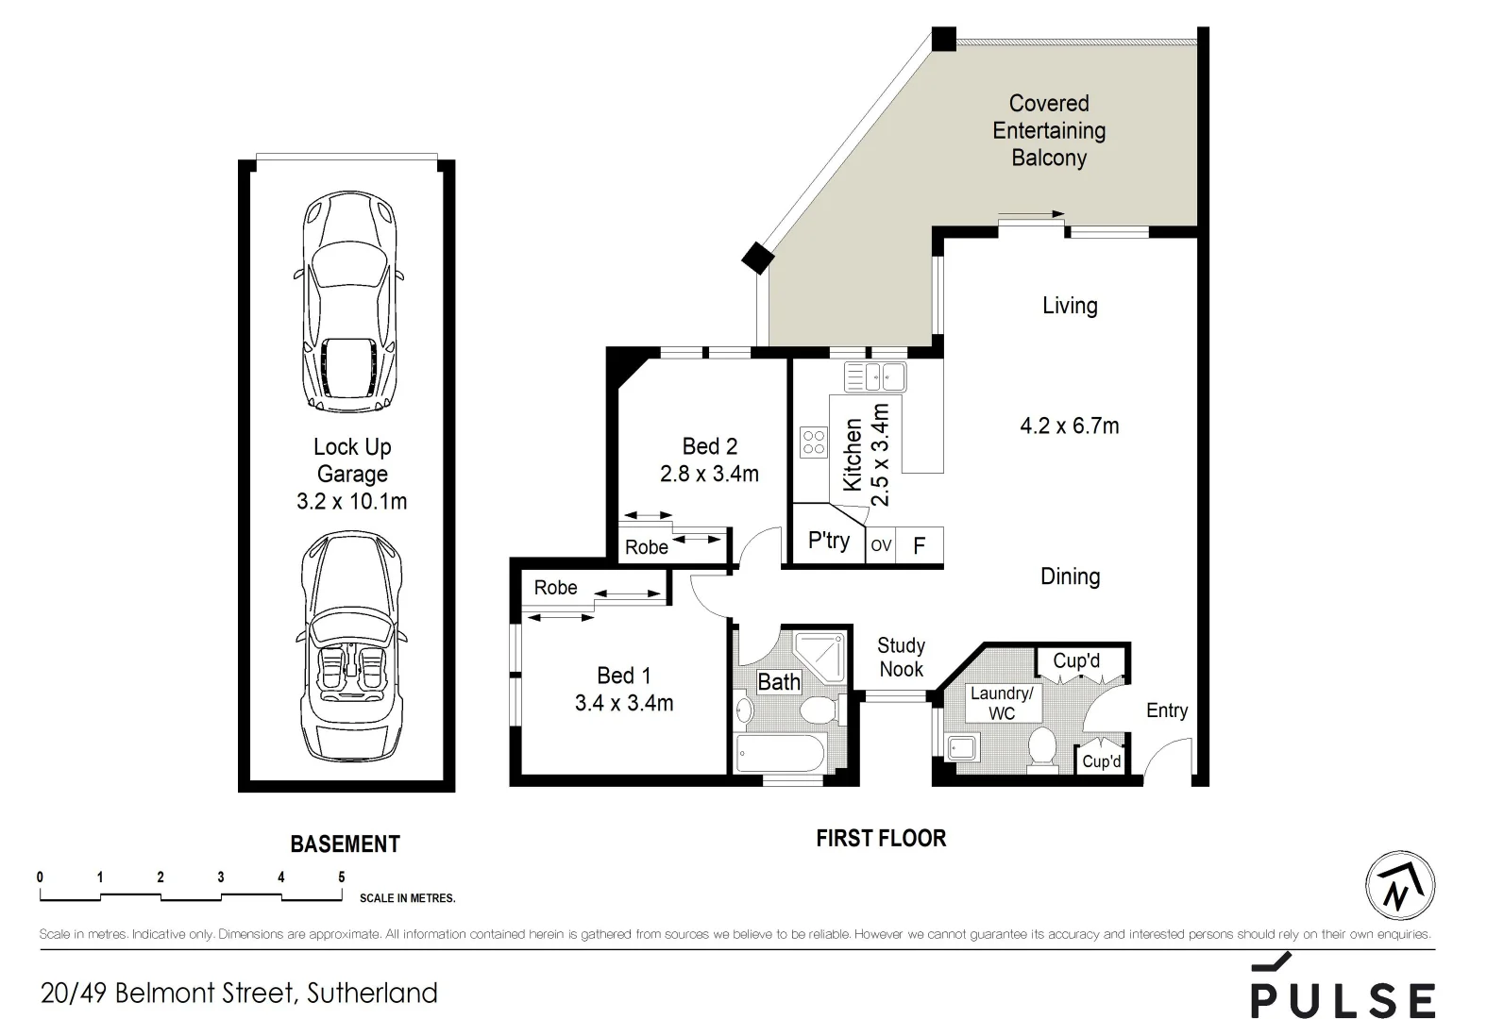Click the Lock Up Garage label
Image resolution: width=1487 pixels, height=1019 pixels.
pos(352,460)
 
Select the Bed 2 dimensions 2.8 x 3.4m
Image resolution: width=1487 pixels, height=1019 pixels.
pos(709,474)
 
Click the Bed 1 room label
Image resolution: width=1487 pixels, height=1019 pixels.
pos(623,676)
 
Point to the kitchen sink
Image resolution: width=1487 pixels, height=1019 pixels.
pos(875,377)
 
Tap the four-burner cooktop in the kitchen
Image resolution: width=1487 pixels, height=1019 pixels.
pos(813,443)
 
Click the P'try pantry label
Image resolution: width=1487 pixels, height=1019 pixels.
pos(828,541)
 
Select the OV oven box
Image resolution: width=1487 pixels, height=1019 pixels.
pos(880,545)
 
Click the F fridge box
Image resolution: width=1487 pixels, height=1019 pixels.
pos(919,545)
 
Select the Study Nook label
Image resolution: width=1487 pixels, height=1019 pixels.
pos(901,658)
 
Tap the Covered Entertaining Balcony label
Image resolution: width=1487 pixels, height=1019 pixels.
pos(1049,130)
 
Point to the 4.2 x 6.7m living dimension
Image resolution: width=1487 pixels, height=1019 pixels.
pos(1069,426)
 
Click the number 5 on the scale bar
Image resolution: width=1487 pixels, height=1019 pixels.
pos(341,877)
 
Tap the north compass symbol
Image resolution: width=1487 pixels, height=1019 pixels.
pos(1400,886)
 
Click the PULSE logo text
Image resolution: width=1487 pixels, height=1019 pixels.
pos(1343,997)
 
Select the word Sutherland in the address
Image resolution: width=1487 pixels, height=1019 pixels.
pos(373,993)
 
